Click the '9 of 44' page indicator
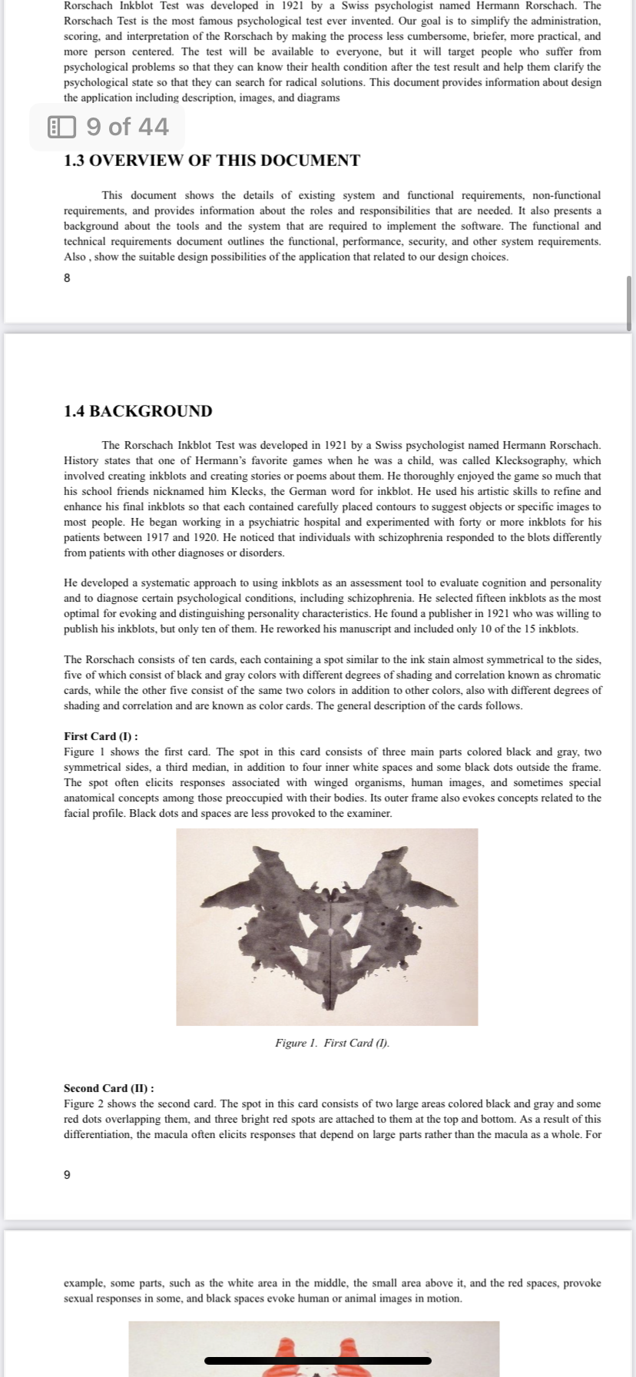click(127, 127)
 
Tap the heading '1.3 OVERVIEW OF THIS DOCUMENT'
click(211, 161)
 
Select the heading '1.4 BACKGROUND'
click(137, 411)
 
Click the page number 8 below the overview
click(67, 278)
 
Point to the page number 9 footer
click(67, 1174)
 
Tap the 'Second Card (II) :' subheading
click(108, 1088)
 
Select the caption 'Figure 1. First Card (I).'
click(332, 1043)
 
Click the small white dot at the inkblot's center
click(331, 931)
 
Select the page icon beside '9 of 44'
click(62, 127)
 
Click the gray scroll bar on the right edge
click(629, 304)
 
